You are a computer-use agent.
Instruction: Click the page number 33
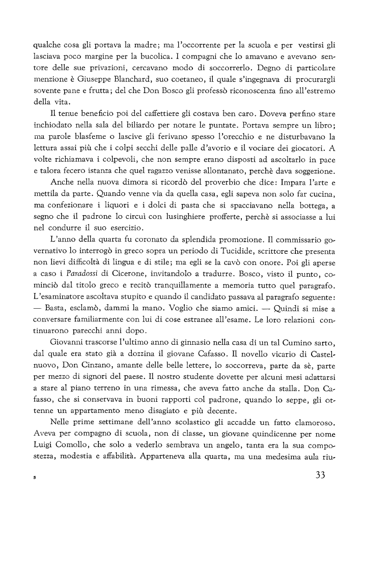click(x=317, y=476)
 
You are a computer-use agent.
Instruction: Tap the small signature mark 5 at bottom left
click(x=34, y=479)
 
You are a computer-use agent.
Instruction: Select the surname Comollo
click(x=81, y=451)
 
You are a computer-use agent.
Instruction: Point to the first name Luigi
click(x=43, y=451)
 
